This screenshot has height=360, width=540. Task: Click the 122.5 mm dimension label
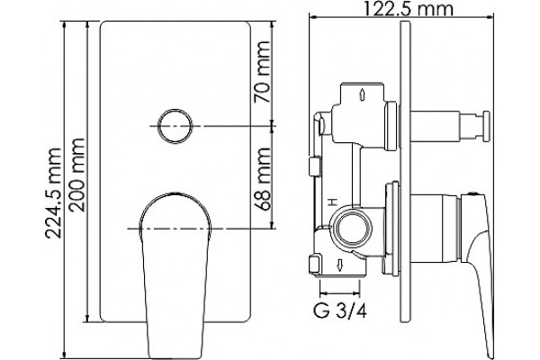(408, 9)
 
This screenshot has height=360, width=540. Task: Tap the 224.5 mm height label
(54, 193)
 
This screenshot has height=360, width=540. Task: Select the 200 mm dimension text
(76, 175)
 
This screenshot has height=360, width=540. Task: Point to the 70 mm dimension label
(262, 72)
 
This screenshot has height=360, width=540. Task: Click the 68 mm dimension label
(262, 179)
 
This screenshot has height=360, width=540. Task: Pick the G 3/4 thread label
(340, 311)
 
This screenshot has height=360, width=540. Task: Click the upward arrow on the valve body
(362, 94)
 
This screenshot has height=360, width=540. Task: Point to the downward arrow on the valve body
(339, 265)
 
